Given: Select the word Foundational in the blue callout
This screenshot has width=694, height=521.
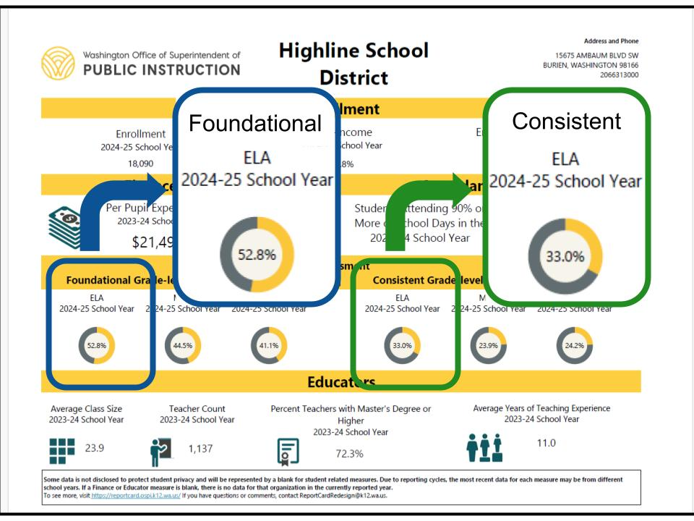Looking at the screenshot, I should coord(254,124).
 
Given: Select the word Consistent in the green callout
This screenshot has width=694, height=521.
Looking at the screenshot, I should coord(566,121).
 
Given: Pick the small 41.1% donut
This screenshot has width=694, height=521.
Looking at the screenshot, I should coord(268,345).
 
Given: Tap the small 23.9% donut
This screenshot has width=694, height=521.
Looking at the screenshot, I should coord(489,345).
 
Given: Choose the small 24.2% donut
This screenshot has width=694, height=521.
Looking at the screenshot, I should coord(575,345).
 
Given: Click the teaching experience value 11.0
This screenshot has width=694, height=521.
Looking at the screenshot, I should coord(547,444).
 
